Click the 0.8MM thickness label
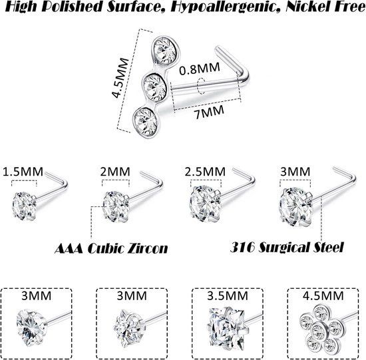tap(200, 69)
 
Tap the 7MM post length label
tap(209, 112)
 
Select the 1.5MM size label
tap(23, 172)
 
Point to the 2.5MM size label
tap(205, 172)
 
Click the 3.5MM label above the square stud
tap(228, 296)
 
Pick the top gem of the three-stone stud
tap(165, 50)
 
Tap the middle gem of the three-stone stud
tap(154, 86)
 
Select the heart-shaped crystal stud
tap(31, 327)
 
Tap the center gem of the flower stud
tap(318, 331)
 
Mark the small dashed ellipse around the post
tap(202, 86)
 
